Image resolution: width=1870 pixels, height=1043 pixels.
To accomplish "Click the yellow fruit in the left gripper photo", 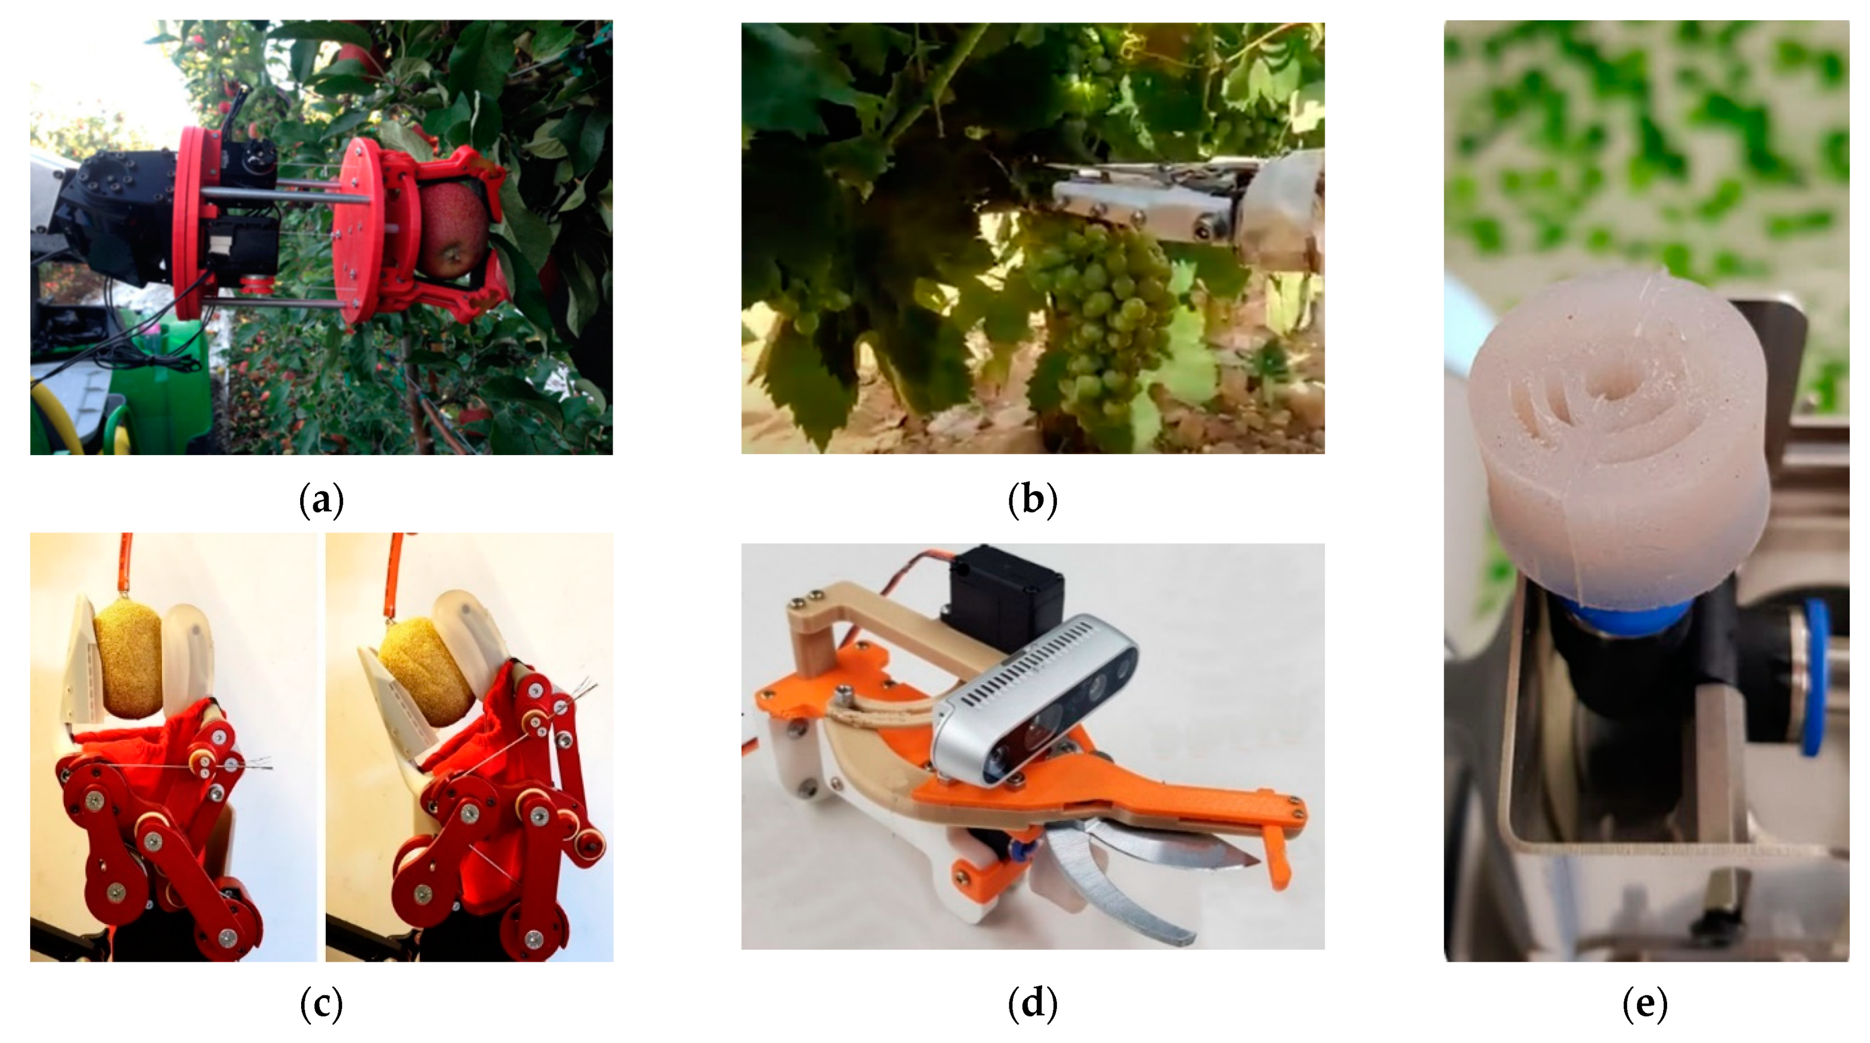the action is pyautogui.click(x=128, y=656).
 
